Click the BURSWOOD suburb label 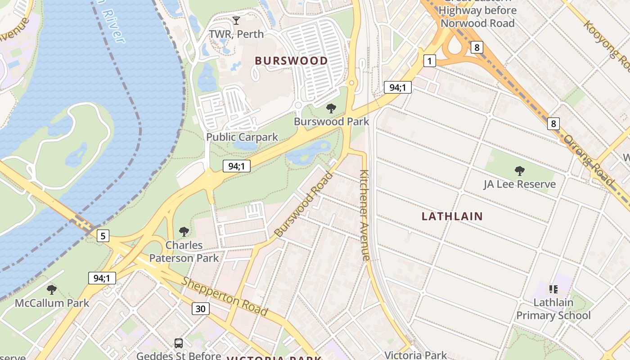pyautogui.click(x=291, y=61)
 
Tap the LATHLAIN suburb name pyautogui.click(x=452, y=216)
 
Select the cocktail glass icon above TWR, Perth pyautogui.click(x=236, y=21)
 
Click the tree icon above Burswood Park pyautogui.click(x=331, y=108)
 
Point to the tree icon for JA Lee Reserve pyautogui.click(x=520, y=171)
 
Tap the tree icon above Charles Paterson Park pyautogui.click(x=184, y=232)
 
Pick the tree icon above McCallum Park pyautogui.click(x=52, y=289)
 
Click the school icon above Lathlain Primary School pyautogui.click(x=553, y=289)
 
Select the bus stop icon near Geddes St pyautogui.click(x=179, y=343)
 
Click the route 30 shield pyautogui.click(x=201, y=308)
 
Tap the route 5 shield pyautogui.click(x=103, y=235)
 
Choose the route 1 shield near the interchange pyautogui.click(x=430, y=61)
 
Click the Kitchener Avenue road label pyautogui.click(x=365, y=215)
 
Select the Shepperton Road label pyautogui.click(x=225, y=297)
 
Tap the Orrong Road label pyautogui.click(x=589, y=160)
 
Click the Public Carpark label pyautogui.click(x=242, y=137)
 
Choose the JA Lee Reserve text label pyautogui.click(x=520, y=184)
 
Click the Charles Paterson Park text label pyautogui.click(x=184, y=252)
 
